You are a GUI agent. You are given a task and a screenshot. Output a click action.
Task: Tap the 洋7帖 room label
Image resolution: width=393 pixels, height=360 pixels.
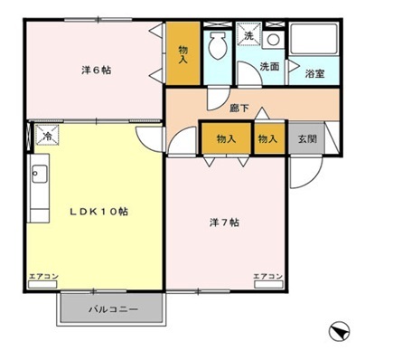[x=224, y=222]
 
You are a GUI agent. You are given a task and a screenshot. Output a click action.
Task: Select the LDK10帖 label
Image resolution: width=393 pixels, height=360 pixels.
[x=100, y=212]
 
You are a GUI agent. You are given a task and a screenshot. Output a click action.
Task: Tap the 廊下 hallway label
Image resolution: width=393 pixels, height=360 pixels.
[x=239, y=109]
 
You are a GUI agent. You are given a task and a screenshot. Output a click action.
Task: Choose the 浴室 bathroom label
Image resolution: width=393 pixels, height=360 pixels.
[x=314, y=72]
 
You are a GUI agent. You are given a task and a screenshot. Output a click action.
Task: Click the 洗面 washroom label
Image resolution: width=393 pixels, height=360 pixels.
[x=269, y=66]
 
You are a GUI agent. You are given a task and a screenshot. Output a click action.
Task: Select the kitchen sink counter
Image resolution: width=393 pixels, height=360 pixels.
[x=39, y=190]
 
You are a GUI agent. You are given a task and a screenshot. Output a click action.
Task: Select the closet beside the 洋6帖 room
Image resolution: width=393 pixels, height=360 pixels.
[x=182, y=54]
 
